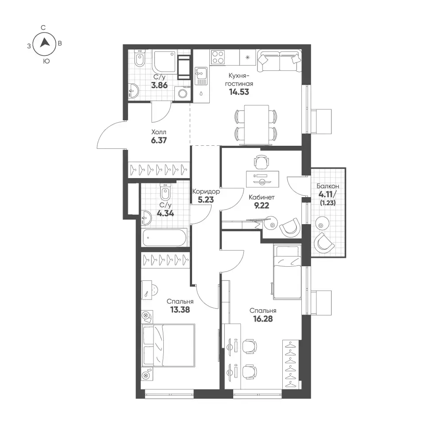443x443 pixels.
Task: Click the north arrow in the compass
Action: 45,43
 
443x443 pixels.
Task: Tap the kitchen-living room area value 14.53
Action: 239,92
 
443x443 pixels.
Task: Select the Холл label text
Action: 159,132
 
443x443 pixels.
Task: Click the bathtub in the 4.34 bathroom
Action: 165,237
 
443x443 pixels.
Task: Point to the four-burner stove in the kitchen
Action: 218,57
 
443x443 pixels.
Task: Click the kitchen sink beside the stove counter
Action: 201,76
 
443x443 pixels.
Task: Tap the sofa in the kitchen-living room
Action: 279,61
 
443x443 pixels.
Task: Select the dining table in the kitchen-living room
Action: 257,125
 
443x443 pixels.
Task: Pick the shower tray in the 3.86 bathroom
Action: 164,62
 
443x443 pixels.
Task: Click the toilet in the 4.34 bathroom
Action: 165,191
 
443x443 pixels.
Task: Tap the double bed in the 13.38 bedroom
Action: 169,346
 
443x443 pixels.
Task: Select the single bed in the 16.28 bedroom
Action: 287,272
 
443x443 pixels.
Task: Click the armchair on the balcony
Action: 324,243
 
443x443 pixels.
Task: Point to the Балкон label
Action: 328,186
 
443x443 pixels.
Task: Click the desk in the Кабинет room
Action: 262,179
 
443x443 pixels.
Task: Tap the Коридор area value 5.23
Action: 206,200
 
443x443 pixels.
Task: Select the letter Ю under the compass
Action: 46,61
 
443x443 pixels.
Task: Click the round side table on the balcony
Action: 322,224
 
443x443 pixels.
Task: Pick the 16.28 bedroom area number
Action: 263,319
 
